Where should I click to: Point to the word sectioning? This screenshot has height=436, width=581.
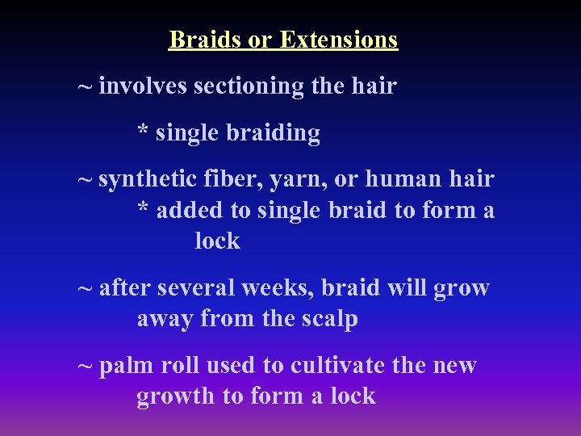click(249, 86)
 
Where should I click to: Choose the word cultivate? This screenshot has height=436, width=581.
click(337, 366)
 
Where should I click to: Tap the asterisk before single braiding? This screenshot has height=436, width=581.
click(143, 131)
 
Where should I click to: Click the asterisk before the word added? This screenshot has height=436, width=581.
click(143, 208)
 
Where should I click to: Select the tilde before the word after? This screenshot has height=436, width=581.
click(84, 288)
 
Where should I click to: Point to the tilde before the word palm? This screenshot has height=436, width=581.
click(84, 366)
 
